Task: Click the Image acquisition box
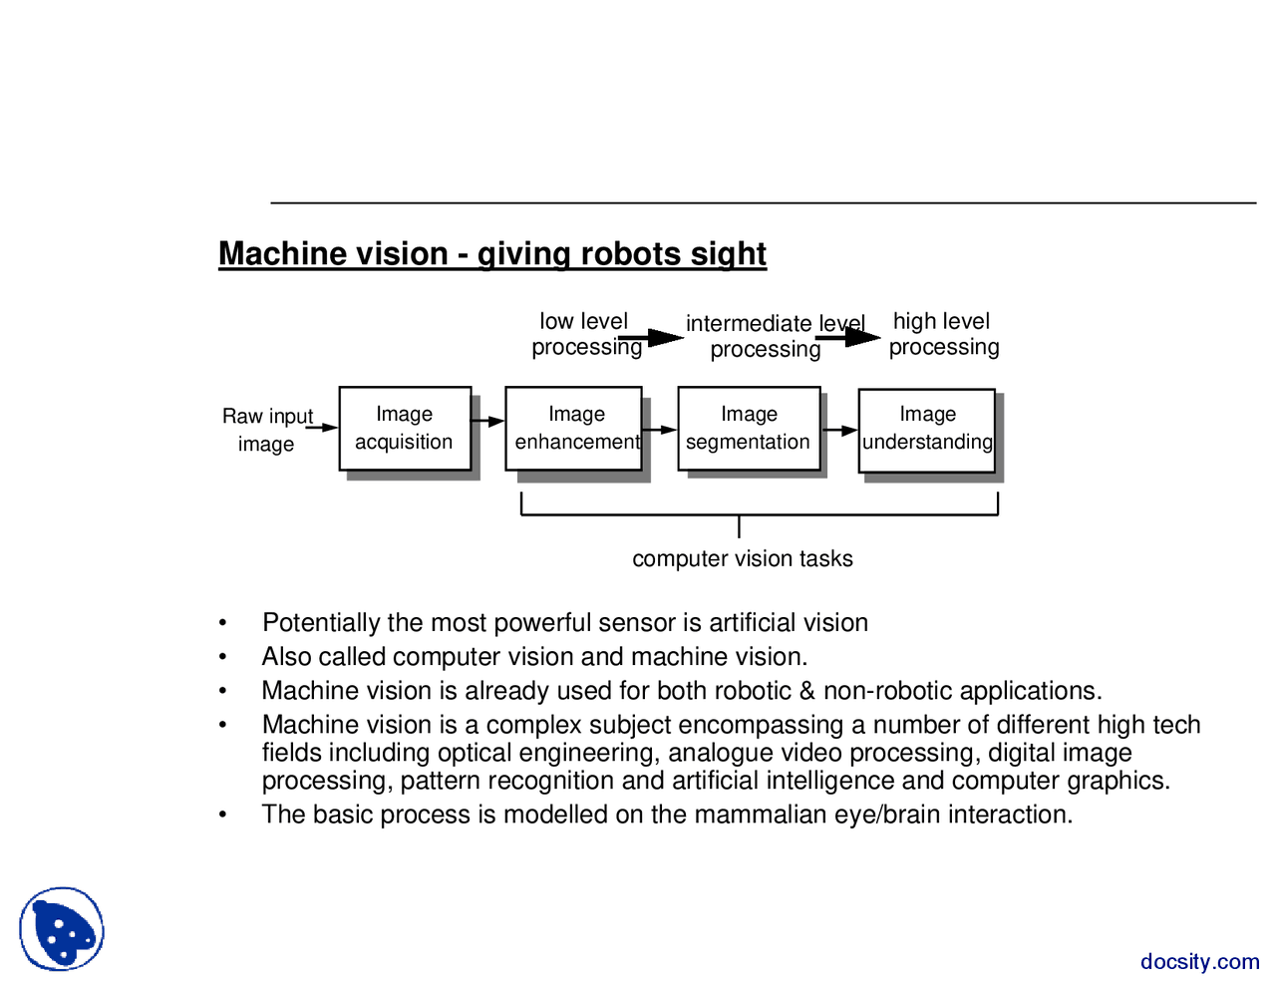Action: click(x=405, y=429)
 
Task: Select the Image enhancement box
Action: click(x=573, y=429)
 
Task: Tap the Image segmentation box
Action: click(x=749, y=429)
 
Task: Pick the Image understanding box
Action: click(x=927, y=430)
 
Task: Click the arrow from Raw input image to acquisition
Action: click(x=322, y=428)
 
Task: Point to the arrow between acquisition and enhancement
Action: click(x=487, y=422)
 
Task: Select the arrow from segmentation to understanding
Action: click(x=840, y=431)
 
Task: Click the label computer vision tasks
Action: click(x=743, y=558)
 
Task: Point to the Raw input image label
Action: click(x=267, y=430)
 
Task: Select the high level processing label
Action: click(x=943, y=334)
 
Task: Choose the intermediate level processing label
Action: click(x=768, y=336)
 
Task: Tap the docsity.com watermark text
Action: click(x=1199, y=961)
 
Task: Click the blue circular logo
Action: click(x=62, y=929)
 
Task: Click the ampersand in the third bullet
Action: click(x=807, y=691)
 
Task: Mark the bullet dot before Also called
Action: click(x=223, y=658)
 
